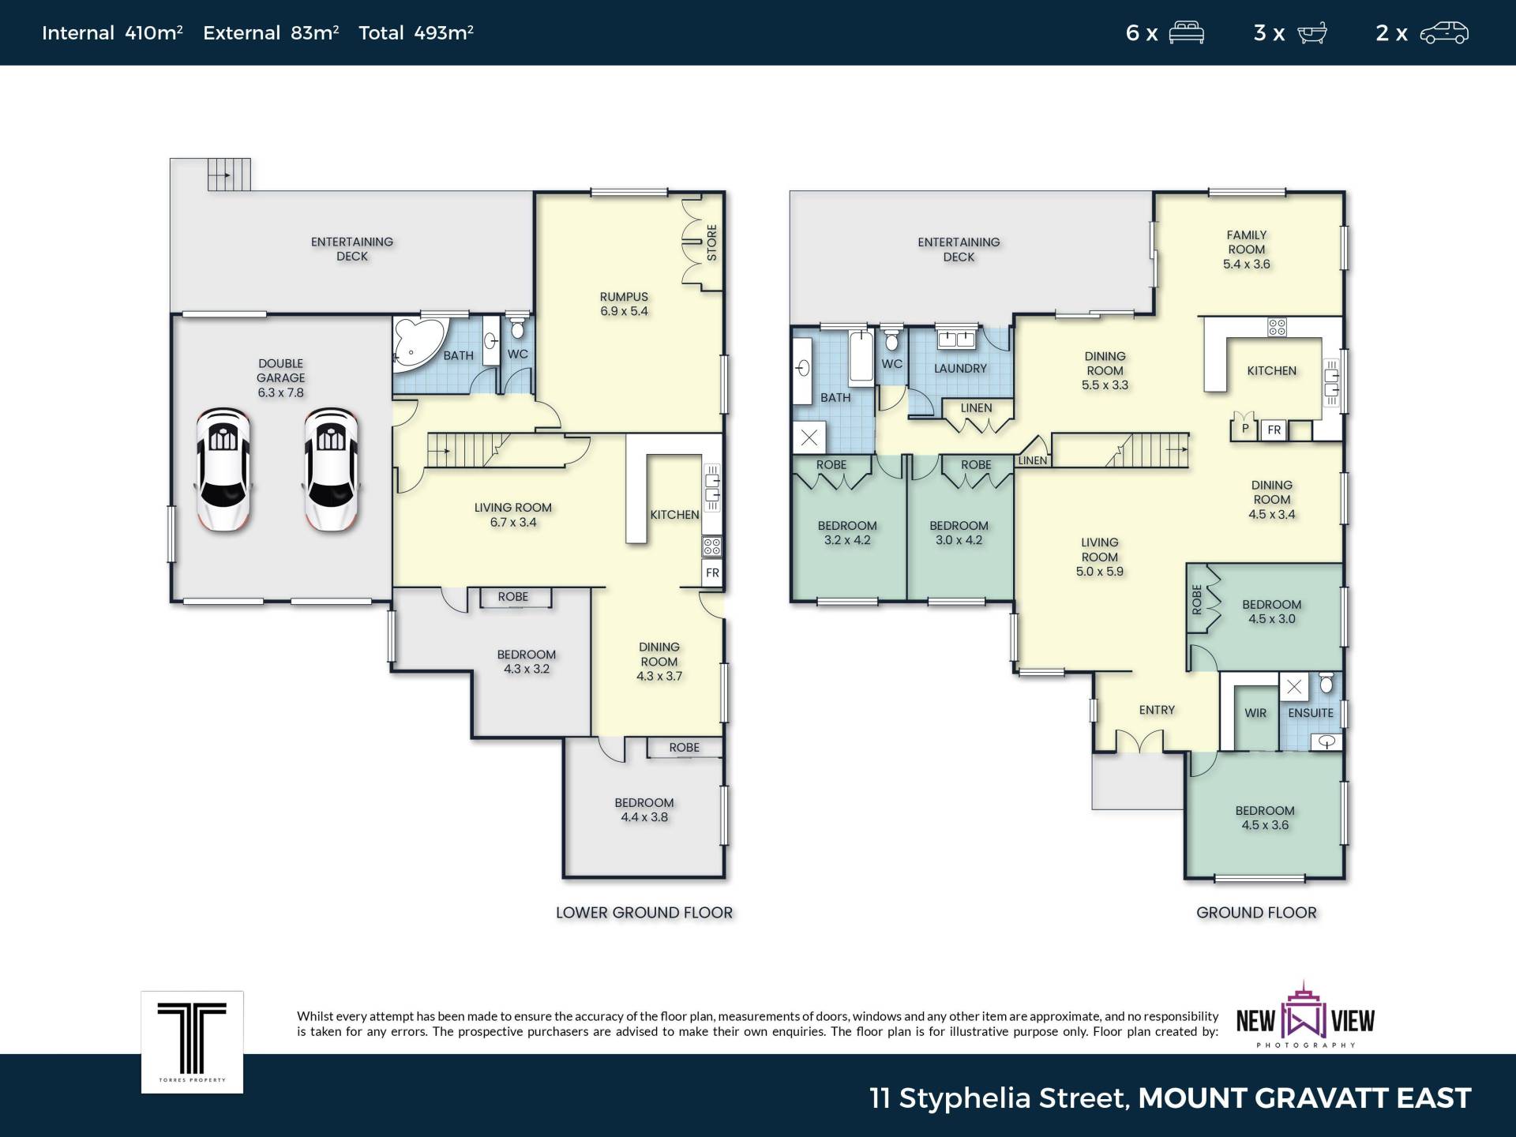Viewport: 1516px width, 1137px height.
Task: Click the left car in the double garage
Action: tap(223, 469)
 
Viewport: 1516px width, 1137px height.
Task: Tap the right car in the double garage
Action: tap(331, 469)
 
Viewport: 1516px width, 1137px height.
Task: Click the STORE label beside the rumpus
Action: tap(711, 242)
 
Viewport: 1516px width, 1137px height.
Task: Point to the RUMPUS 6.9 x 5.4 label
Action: tap(624, 304)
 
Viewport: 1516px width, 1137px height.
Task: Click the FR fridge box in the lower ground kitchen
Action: tap(712, 572)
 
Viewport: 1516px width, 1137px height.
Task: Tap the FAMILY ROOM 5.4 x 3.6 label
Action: tap(1247, 250)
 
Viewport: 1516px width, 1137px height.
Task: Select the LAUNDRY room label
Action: tap(960, 368)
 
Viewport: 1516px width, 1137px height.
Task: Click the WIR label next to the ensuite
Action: tap(1255, 713)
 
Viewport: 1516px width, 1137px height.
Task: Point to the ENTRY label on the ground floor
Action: tap(1157, 710)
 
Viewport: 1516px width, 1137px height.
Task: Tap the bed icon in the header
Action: tap(1186, 33)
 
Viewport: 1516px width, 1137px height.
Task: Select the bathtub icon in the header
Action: tap(1311, 33)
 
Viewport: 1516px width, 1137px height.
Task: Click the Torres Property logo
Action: tap(192, 1042)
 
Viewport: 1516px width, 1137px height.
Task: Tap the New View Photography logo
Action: tap(1305, 1015)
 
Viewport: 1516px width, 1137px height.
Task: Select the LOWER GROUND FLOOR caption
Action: tap(644, 913)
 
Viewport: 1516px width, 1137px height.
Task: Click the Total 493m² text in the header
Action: tap(416, 32)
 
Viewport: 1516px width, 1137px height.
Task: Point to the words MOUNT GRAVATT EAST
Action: tap(1304, 1098)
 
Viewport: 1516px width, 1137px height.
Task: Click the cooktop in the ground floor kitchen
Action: tap(1277, 326)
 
